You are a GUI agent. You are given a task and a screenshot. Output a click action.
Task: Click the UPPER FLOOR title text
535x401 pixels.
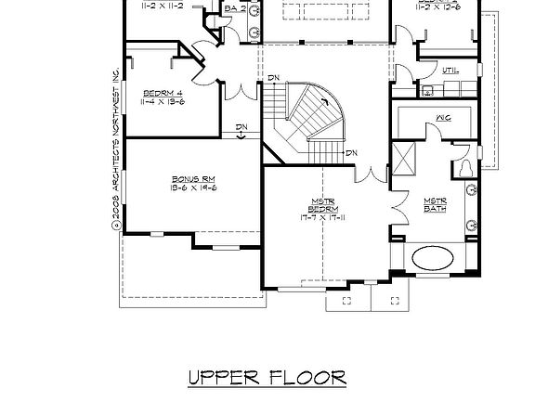267,377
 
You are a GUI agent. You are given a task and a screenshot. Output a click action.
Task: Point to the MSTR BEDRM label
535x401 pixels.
322,203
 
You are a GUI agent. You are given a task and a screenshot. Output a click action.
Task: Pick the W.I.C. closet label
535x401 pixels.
443,119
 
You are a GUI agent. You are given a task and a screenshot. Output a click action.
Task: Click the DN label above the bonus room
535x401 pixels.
241,127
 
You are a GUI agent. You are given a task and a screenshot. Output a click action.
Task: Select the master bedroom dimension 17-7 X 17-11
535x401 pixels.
322,218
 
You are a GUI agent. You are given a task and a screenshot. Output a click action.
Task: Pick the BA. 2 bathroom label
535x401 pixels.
236,9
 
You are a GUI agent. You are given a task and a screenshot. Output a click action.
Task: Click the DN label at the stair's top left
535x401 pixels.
274,78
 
